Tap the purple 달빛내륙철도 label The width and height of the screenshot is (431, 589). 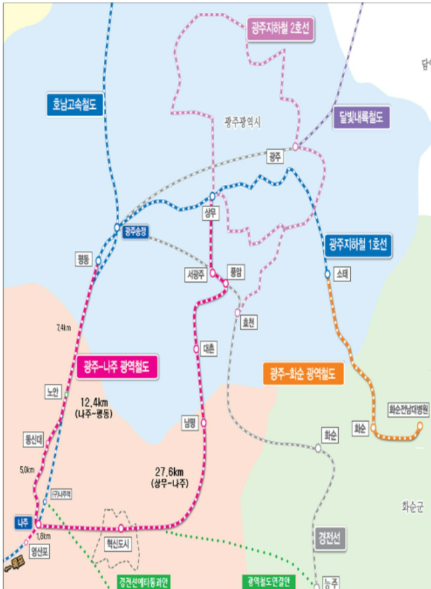pos(361,117)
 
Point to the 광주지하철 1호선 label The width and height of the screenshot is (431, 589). pos(358,245)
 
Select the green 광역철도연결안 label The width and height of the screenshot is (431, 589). pos(268,582)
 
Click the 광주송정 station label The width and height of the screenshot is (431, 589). pos(135,231)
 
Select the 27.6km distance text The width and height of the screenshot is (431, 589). pos(169,472)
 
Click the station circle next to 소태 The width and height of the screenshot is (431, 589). pos(327,274)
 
